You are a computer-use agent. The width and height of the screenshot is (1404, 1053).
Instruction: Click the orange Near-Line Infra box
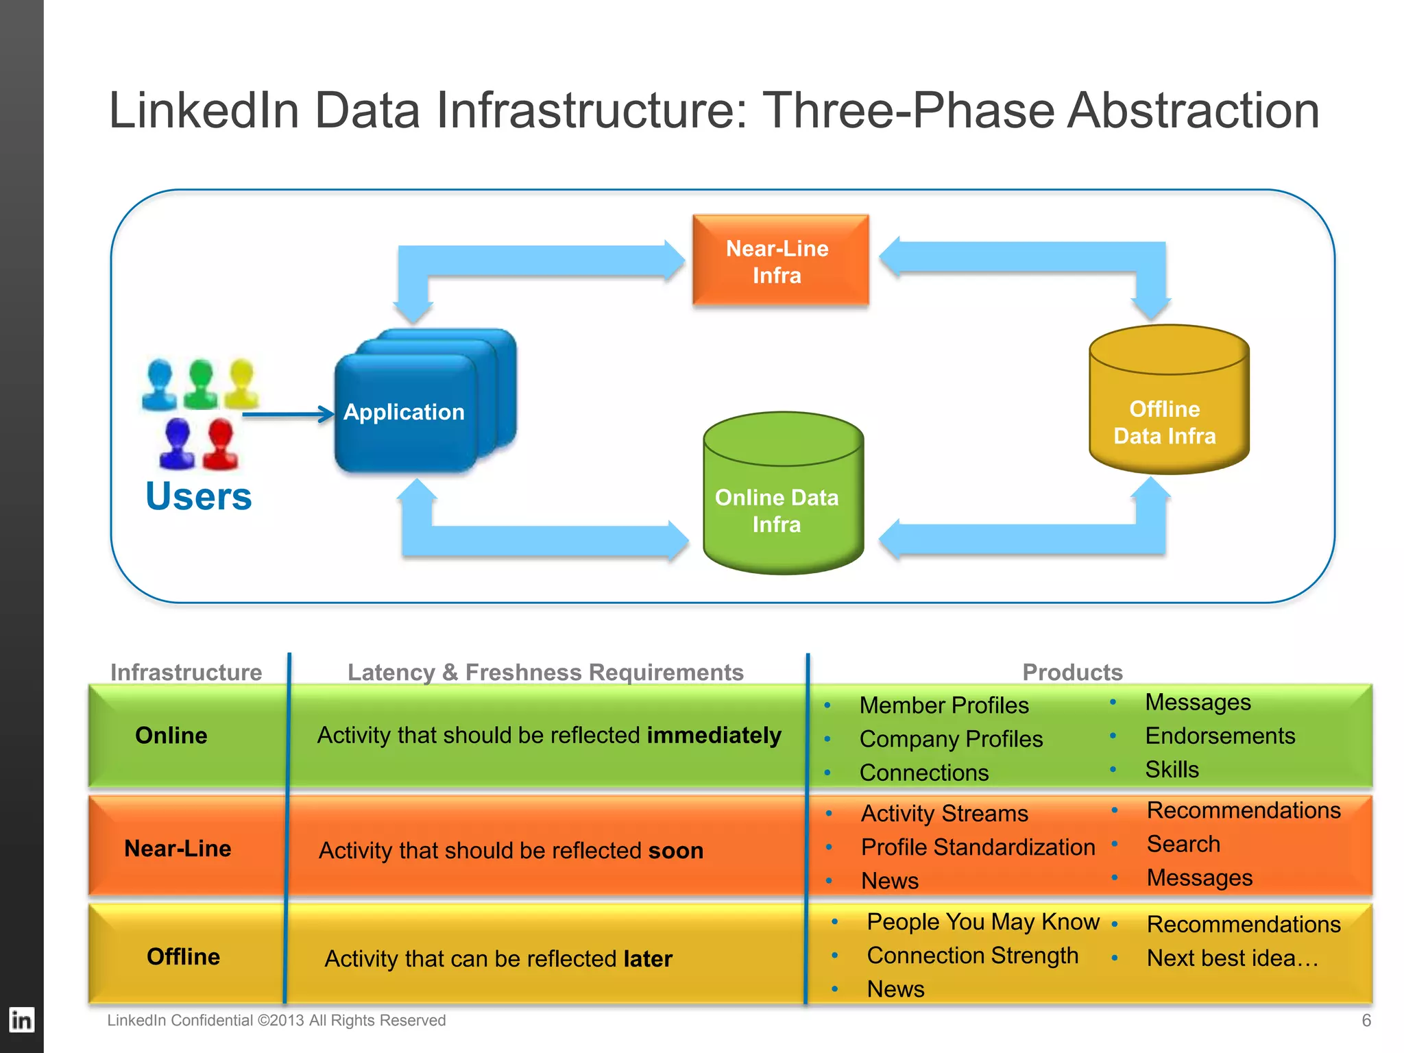780,261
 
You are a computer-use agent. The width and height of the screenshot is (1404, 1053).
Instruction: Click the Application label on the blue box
404,412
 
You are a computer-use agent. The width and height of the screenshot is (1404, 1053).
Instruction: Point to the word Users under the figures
199,496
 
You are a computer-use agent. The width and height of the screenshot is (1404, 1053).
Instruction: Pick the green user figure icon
200,384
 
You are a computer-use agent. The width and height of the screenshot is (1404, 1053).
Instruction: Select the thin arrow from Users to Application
288,414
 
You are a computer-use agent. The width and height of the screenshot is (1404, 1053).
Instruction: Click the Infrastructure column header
186,672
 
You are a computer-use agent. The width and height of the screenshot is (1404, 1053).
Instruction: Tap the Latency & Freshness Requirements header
545,672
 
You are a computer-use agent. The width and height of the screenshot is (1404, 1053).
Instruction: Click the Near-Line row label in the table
178,849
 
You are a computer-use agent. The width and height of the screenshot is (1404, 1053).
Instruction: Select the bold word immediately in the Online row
714,735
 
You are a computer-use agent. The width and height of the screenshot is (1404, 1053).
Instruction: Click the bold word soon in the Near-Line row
676,851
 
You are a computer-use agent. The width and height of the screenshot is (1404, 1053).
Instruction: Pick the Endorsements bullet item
1220,736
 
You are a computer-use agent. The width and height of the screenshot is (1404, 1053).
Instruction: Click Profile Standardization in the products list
978,847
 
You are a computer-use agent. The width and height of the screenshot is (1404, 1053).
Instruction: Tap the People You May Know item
982,922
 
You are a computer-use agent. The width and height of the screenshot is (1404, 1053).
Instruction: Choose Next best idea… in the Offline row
1232,958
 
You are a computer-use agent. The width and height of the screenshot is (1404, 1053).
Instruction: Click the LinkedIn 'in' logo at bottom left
21,1021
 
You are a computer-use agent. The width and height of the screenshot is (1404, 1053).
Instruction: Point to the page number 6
1366,1021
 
